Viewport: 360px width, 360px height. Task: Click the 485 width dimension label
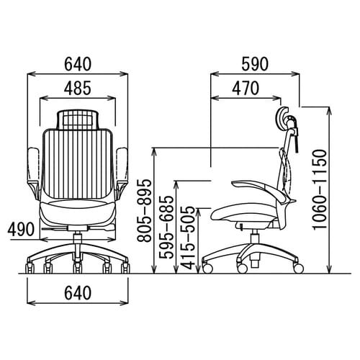coord(78,88)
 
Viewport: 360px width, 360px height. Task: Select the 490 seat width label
coord(21,229)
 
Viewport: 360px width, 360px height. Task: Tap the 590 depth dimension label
coord(255,64)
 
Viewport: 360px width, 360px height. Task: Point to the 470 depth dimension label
coord(246,88)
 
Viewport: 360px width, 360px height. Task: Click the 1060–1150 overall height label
coord(320,189)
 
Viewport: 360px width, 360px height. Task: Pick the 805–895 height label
coord(144,210)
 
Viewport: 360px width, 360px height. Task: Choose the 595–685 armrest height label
coord(166,228)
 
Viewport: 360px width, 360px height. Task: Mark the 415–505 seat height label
coord(188,238)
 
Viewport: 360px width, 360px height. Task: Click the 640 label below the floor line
coord(78,293)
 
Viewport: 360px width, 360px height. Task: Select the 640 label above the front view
coord(78,64)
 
